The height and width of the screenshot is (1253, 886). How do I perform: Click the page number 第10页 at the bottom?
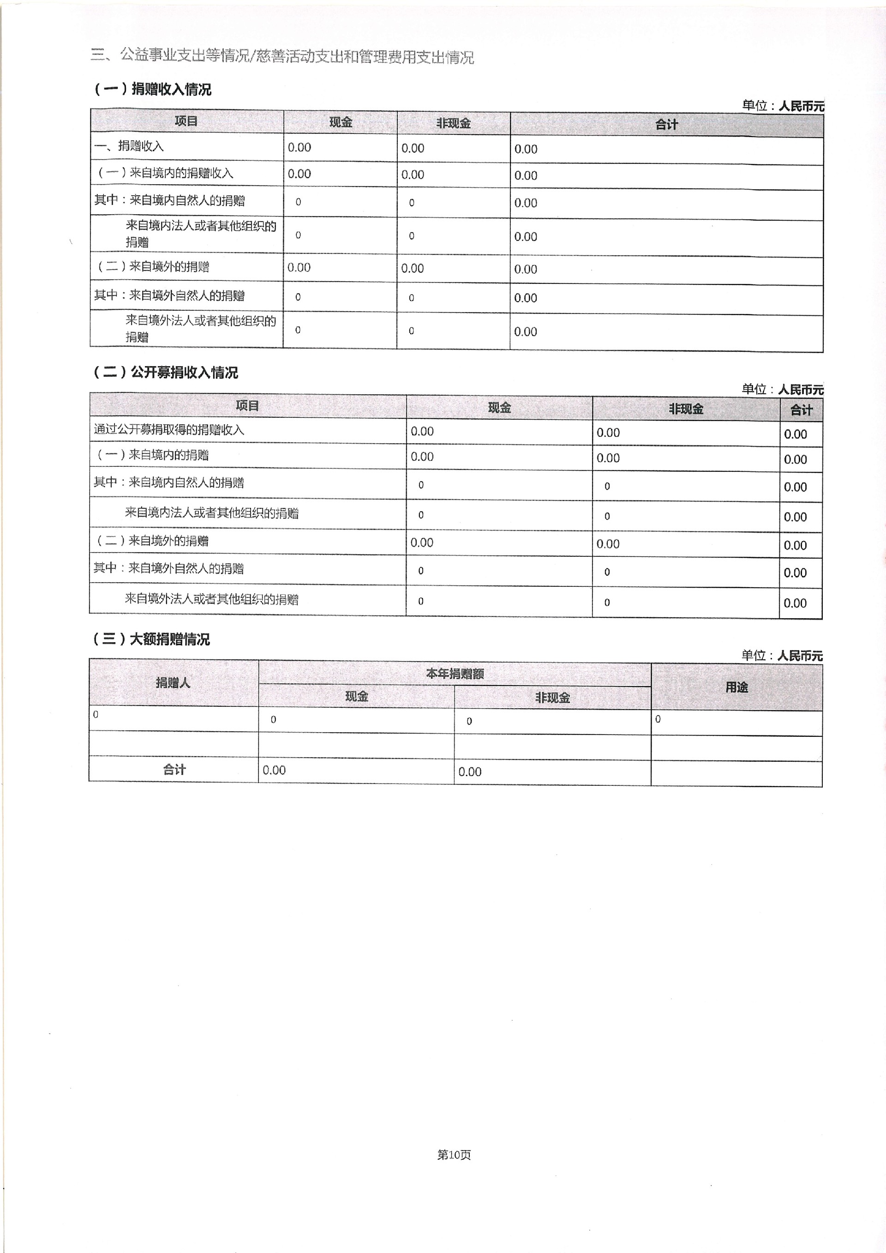454,1154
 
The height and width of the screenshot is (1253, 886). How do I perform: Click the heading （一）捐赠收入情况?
153,89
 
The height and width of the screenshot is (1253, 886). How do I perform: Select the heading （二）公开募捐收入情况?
165,372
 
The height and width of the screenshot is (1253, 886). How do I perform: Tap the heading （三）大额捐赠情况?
151,639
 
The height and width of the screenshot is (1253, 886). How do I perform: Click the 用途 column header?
736,687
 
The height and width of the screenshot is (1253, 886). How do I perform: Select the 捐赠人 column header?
173,682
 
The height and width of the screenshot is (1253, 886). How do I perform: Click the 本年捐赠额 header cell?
455,674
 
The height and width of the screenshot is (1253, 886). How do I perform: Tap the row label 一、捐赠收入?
129,146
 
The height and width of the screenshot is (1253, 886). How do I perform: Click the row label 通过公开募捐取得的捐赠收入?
169,429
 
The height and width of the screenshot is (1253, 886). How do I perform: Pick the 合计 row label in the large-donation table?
174,770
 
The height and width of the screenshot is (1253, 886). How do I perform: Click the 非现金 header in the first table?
453,123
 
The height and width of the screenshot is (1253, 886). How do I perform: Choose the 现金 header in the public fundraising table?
499,407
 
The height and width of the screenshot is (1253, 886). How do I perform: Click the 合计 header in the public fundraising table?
801,410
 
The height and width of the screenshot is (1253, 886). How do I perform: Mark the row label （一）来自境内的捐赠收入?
165,173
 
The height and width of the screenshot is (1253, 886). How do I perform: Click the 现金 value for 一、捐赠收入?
299,147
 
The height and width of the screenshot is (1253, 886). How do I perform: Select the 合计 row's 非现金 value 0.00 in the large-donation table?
470,771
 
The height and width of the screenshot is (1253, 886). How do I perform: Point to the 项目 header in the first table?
186,120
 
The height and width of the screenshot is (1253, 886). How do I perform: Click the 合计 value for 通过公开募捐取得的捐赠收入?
795,434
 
